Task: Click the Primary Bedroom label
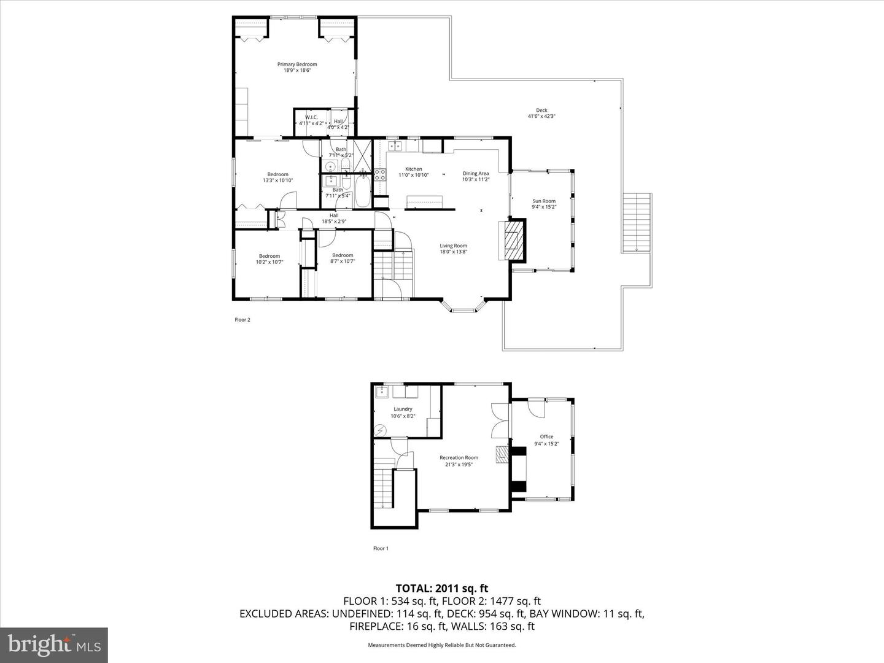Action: click(x=297, y=64)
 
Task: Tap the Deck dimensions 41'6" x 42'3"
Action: click(x=541, y=117)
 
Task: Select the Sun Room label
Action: click(x=544, y=201)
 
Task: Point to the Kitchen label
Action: click(x=413, y=169)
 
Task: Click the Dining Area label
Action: click(x=476, y=174)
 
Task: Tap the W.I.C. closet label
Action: click(x=311, y=117)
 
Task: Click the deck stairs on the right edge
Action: click(x=637, y=222)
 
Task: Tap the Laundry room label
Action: click(x=403, y=409)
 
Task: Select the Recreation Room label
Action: click(x=459, y=457)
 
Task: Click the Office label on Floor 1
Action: click(x=546, y=437)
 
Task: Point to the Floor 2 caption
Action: click(x=242, y=320)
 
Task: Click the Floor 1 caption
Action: click(x=381, y=549)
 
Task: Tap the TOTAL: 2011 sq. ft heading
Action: click(x=442, y=589)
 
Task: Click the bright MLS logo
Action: click(x=54, y=645)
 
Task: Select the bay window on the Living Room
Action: click(x=463, y=307)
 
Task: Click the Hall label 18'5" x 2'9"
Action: click(x=334, y=215)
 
